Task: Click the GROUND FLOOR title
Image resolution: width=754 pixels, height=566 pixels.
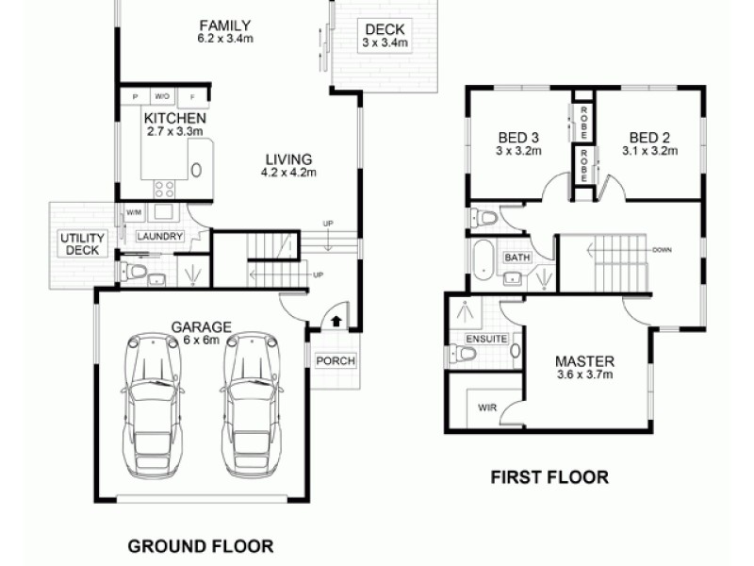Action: click(x=200, y=545)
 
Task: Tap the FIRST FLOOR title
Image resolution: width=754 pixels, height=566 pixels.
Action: click(x=549, y=477)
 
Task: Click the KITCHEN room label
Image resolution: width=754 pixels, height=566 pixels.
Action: click(x=174, y=119)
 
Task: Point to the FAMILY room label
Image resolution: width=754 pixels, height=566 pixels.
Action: click(x=224, y=25)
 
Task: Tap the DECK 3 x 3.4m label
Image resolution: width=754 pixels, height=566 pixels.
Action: click(x=385, y=36)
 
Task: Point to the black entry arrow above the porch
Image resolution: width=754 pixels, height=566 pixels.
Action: click(x=336, y=321)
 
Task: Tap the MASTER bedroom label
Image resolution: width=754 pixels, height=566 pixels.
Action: click(x=584, y=361)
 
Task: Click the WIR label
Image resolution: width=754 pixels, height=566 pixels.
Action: click(x=487, y=408)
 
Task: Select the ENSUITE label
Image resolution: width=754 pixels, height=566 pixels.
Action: click(x=485, y=338)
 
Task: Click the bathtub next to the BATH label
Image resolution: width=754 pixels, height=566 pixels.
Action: click(x=484, y=258)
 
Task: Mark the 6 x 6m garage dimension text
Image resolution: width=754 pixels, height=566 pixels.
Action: click(x=201, y=341)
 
